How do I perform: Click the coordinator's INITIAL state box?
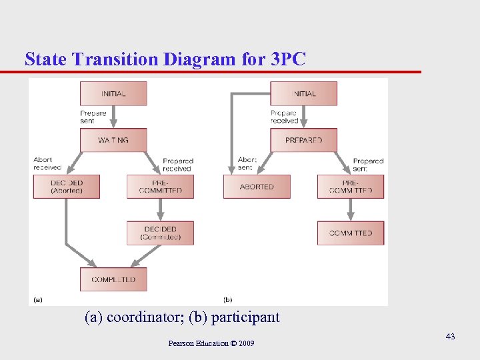113,93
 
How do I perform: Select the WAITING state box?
113,140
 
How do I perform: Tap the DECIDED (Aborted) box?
67,187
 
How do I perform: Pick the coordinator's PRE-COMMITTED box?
160,187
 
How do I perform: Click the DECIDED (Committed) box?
160,233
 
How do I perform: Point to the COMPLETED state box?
113,279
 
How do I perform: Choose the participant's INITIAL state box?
303,93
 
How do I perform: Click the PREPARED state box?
303,140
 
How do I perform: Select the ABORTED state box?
257,187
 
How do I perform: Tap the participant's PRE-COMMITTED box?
351,187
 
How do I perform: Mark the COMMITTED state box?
351,233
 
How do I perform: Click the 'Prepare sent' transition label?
93,117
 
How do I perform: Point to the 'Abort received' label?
47,163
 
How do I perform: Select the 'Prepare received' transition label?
284,117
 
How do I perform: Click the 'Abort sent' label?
247,163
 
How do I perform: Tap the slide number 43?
450,337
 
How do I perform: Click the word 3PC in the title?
288,59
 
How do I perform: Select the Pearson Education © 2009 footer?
211,343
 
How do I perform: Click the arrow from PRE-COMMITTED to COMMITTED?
351,209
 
